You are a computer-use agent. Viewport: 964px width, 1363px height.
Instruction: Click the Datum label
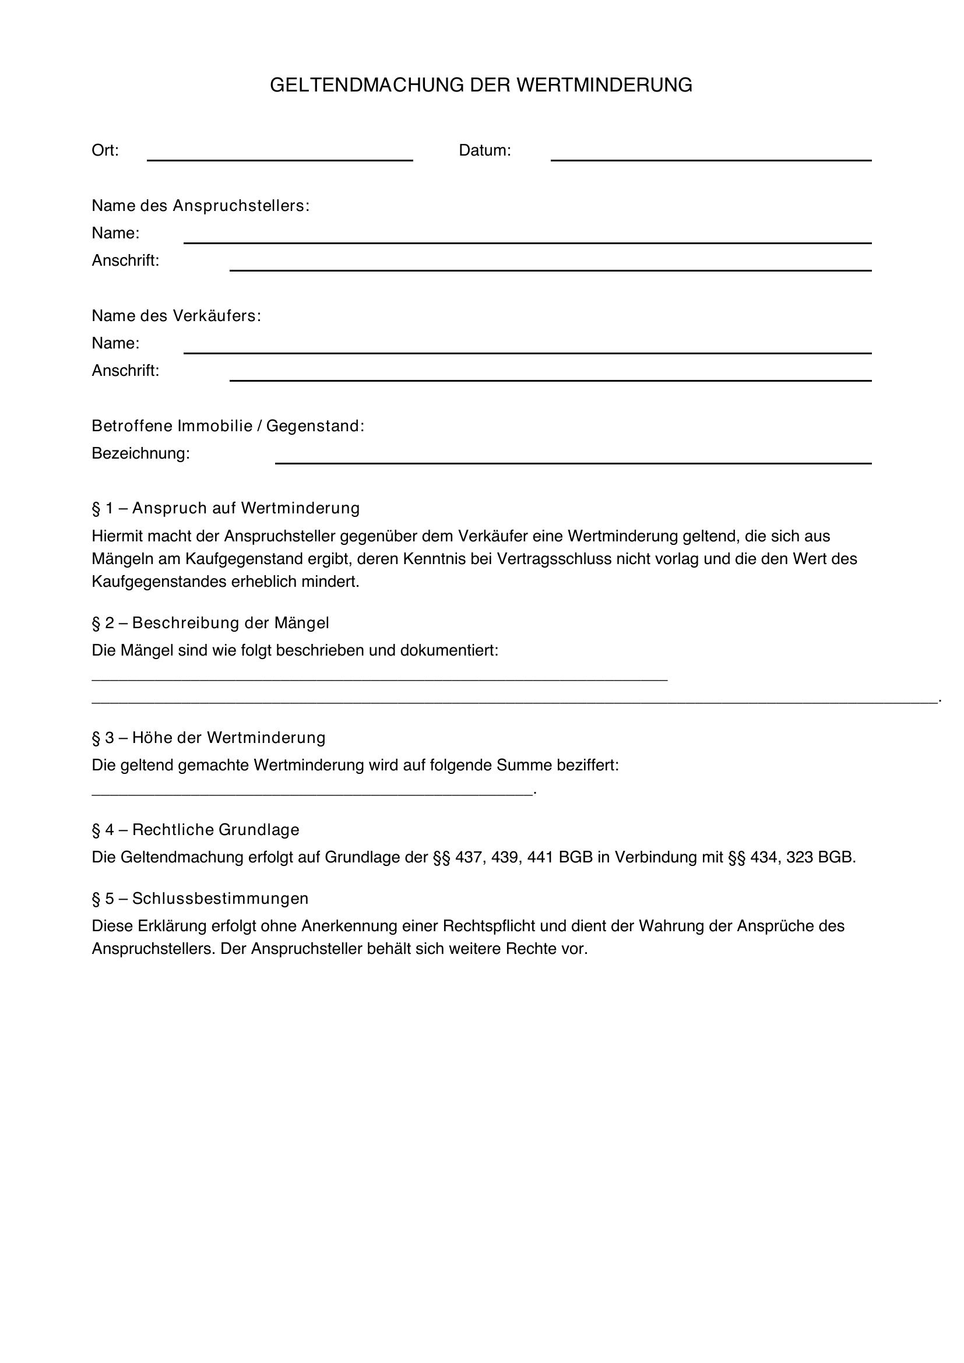484,151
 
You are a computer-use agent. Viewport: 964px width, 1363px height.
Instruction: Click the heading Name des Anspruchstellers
200,206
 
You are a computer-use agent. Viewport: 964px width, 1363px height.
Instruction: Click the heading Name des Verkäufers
176,316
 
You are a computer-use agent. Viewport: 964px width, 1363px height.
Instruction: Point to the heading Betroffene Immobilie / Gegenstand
228,426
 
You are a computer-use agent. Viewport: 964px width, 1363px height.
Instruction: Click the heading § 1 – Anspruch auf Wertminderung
226,508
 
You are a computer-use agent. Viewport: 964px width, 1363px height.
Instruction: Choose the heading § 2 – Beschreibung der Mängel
210,624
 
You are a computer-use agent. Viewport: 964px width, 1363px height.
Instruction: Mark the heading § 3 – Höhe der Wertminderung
208,738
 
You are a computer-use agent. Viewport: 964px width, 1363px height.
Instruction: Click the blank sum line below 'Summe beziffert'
312,793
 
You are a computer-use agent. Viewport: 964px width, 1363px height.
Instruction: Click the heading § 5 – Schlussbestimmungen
200,898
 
